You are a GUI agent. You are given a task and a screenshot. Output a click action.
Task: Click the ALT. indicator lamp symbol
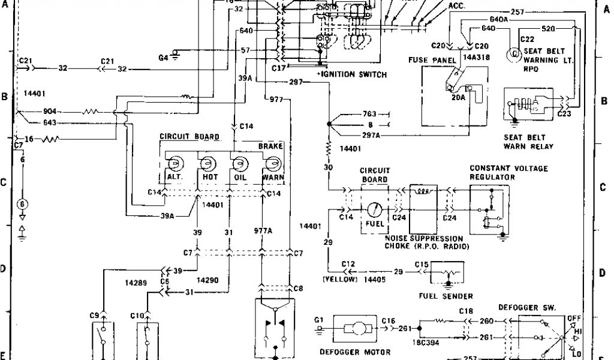coord(174,163)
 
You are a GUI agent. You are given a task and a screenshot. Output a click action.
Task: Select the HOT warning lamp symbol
coord(208,163)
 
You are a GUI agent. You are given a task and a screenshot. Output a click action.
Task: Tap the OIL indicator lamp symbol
coord(240,163)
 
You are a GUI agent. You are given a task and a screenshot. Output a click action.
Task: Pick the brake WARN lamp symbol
coord(273,163)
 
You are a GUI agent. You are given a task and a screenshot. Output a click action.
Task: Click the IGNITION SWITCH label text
coord(353,74)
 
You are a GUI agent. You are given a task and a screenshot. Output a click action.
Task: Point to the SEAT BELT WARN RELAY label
coord(528,142)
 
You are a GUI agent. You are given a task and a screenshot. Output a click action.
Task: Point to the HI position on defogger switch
coord(578,330)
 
